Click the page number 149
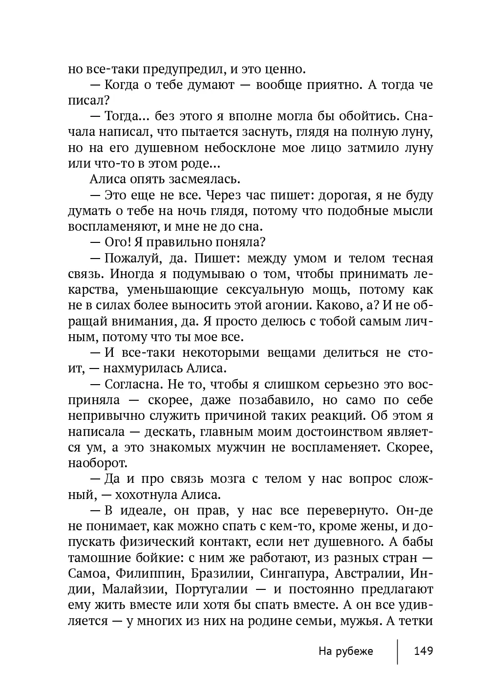[x=423, y=651]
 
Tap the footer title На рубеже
[x=345, y=651]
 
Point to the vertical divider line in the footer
[x=398, y=651]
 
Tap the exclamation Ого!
[x=116, y=242]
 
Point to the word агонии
[x=286, y=305]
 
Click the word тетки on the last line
[x=416, y=620]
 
